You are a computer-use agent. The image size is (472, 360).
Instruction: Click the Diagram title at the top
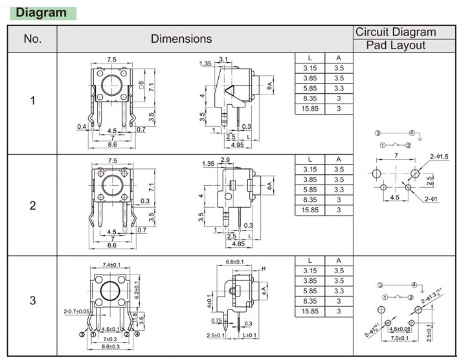coord(40,12)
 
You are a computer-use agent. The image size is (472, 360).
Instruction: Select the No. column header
coord(32,39)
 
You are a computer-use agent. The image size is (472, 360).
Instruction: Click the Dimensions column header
coord(181,39)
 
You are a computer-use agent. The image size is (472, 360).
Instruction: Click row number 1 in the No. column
coord(33,101)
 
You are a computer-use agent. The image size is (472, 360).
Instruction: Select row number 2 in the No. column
coord(33,206)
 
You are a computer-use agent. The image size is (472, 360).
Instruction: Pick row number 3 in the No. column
coord(33,300)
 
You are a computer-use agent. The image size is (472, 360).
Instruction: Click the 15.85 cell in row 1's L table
coord(310,109)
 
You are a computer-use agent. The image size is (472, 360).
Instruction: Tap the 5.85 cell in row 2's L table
coord(310,190)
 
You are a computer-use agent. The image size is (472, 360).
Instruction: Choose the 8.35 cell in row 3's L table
coord(310,301)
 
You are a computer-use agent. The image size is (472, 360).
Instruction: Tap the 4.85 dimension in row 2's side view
coord(238,244)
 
